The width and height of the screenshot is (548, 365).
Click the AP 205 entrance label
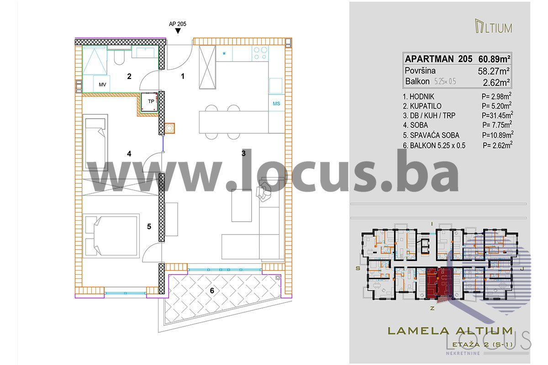[x=177, y=24]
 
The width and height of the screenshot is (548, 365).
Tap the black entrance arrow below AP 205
[x=178, y=31]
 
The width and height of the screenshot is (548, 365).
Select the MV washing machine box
[x=101, y=84]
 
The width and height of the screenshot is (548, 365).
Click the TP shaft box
[x=149, y=102]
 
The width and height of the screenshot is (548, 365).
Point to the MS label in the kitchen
[x=276, y=104]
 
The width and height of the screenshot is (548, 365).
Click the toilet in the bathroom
[x=119, y=57]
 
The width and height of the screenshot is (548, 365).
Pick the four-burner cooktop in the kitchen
[x=260, y=53]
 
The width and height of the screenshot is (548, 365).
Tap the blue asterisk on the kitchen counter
[x=224, y=54]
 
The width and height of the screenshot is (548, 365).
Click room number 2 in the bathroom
[x=129, y=77]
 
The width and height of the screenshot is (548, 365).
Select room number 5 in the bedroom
[x=149, y=227]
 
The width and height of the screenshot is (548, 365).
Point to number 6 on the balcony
[x=212, y=291]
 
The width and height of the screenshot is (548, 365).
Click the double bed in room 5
[x=111, y=236]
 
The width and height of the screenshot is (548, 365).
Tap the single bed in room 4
[x=95, y=142]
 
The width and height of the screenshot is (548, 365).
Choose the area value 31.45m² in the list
[x=497, y=115]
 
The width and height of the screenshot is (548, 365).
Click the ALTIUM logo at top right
[x=494, y=26]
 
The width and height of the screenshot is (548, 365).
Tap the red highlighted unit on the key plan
[x=439, y=284]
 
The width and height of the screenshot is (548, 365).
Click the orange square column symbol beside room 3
[x=169, y=128]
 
